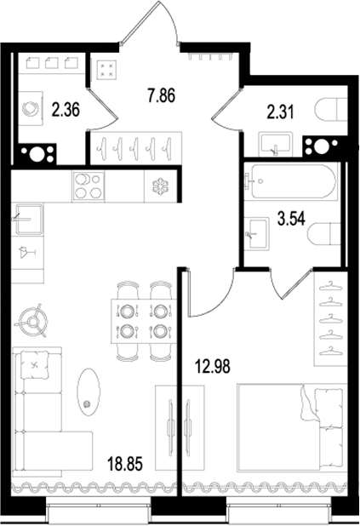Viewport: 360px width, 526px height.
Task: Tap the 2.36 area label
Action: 67,109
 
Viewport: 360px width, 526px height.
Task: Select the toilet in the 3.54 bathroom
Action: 326,233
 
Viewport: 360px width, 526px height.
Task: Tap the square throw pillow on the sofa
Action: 34,367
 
